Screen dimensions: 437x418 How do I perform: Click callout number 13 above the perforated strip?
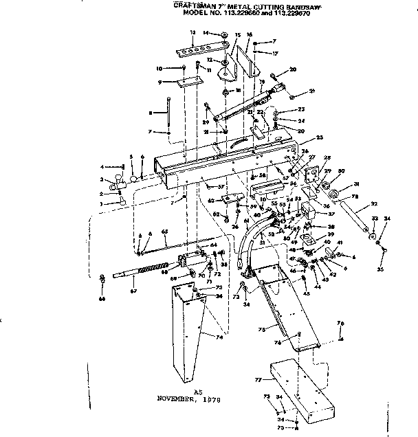pos(192,32)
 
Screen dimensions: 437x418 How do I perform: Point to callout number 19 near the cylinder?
pos(262,80)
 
